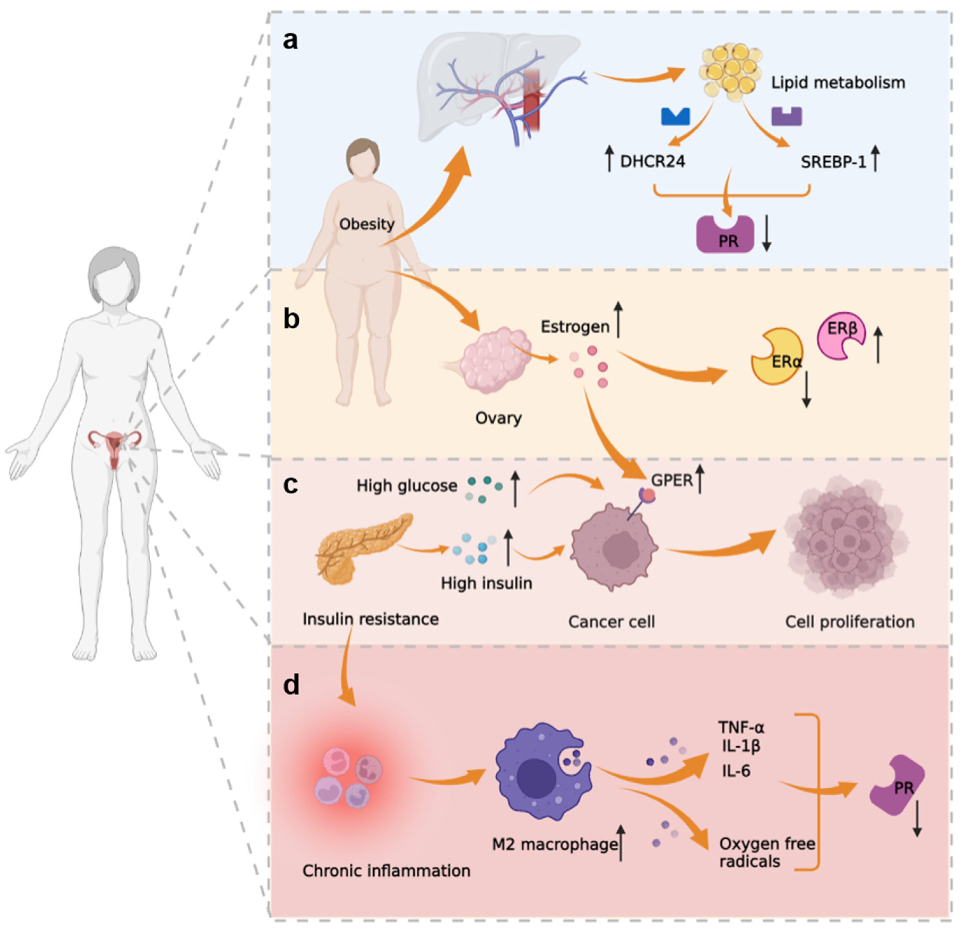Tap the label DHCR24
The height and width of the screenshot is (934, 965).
[x=652, y=162]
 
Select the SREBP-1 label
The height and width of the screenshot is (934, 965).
[x=833, y=162]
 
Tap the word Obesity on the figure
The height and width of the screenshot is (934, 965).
[x=367, y=224]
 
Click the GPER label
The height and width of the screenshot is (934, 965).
[x=672, y=480]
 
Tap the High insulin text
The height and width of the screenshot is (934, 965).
[x=486, y=583]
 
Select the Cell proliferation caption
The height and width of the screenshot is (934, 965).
[x=850, y=622]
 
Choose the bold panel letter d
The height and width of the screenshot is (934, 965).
[x=291, y=685]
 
